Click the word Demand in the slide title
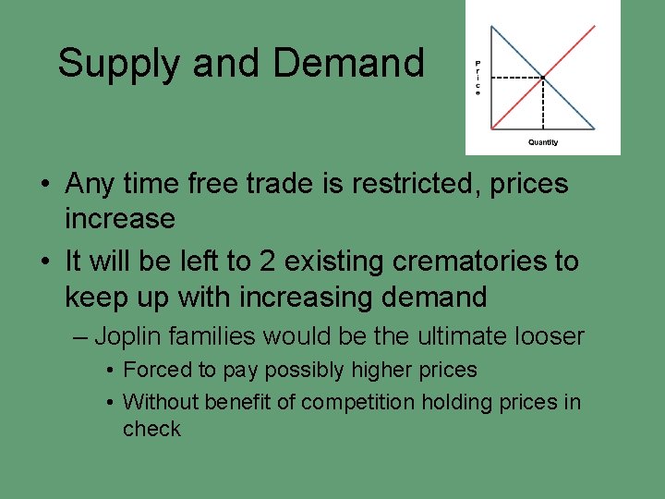point(348,62)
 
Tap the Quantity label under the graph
point(542,142)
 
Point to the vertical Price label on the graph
point(478,79)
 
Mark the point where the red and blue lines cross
point(543,77)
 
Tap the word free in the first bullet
point(214,183)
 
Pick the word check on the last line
point(151,429)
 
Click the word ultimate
point(453,336)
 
